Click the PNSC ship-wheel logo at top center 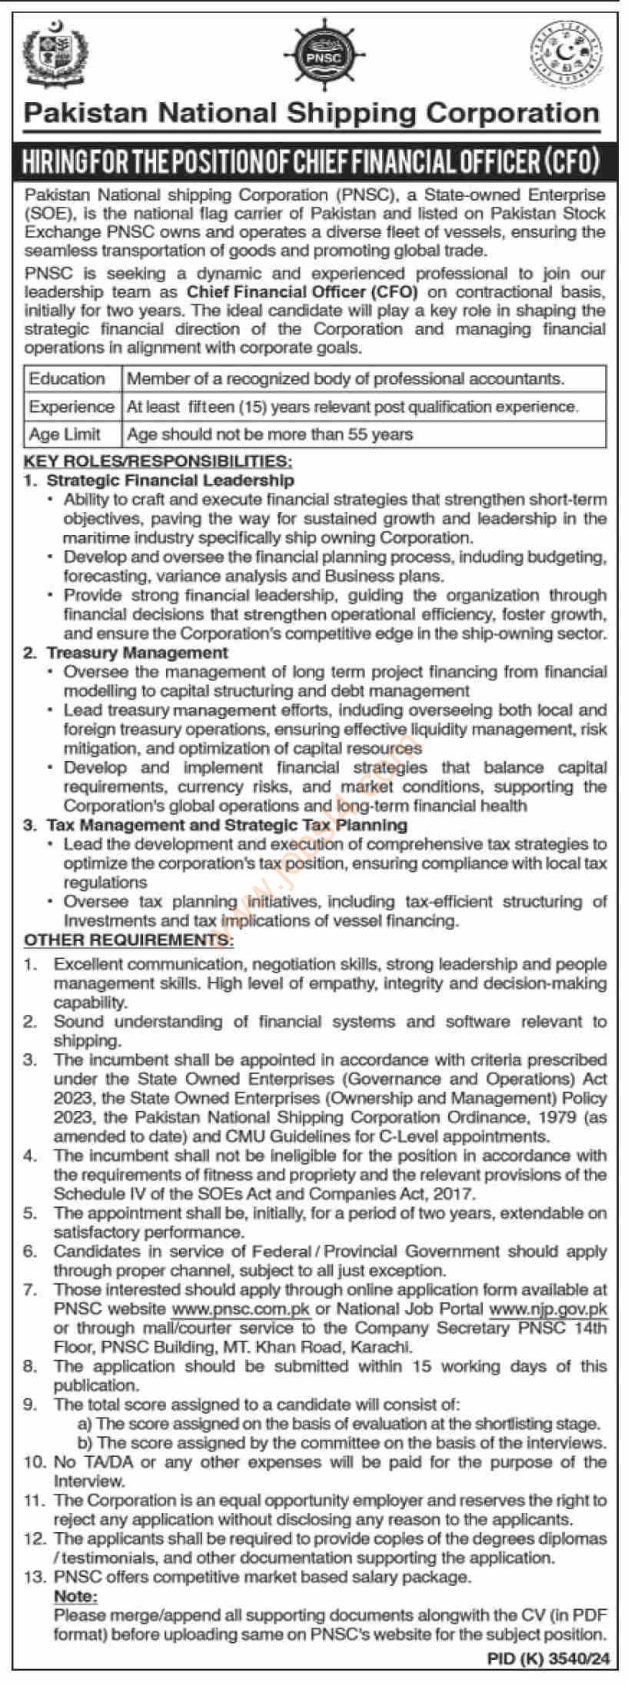(x=313, y=55)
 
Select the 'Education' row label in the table (x=67, y=378)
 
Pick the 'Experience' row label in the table (x=71, y=407)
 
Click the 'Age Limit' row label (x=65, y=434)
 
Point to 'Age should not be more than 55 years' (x=270, y=434)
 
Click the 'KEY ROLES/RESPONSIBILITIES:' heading (x=158, y=462)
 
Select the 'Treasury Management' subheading (x=138, y=653)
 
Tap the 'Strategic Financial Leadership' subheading (x=171, y=481)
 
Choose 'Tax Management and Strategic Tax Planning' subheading (x=227, y=825)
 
